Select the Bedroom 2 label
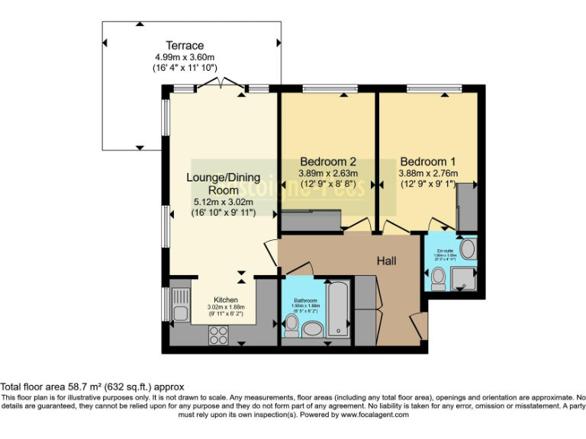pos(328,162)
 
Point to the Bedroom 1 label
pos(428,162)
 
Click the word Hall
pos(387,261)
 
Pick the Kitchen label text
pos(226,300)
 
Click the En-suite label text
pos(446,251)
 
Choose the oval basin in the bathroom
pos(313,329)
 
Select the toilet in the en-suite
pos(438,279)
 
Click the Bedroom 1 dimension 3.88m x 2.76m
pos(428,173)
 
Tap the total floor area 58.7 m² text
pos(92,387)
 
